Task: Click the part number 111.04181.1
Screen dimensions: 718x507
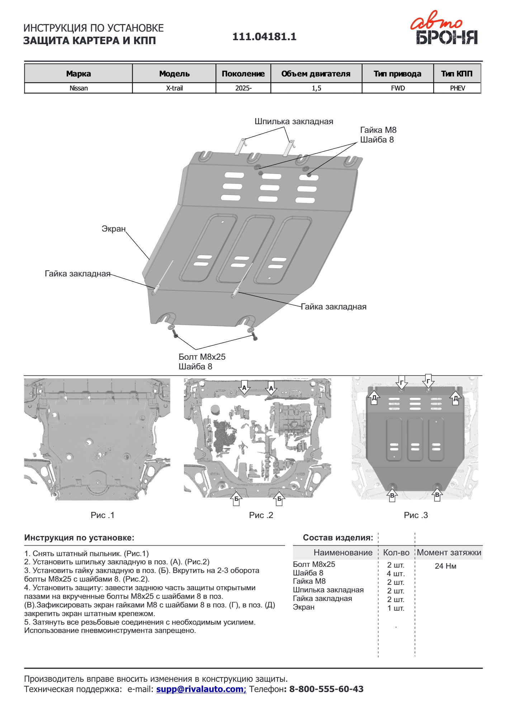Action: pos(264,37)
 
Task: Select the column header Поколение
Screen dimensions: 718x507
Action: pos(243,74)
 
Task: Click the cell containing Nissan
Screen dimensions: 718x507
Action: pos(79,88)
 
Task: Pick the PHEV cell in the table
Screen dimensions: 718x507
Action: pos(457,88)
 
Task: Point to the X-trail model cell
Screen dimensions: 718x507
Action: pos(174,88)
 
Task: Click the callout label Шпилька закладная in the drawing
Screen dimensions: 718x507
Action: pos(294,121)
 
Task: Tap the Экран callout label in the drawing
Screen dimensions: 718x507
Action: pos(114,229)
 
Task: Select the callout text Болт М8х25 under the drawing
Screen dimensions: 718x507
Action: pos(202,357)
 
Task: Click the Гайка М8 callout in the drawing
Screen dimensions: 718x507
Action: pos(378,130)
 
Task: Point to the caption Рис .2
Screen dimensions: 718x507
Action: pos(261,515)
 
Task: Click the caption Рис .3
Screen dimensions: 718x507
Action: pos(416,515)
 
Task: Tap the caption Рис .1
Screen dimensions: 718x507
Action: pos(103,515)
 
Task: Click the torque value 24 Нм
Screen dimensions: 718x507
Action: pos(445,566)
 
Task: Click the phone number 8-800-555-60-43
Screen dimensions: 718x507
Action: pos(326,689)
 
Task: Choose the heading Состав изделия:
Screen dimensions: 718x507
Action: pos(338,538)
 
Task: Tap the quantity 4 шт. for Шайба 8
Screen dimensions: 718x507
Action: pos(395,574)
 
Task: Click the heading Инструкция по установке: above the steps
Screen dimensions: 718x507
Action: pos(79,538)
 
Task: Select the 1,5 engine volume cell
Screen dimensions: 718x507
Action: pos(316,88)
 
